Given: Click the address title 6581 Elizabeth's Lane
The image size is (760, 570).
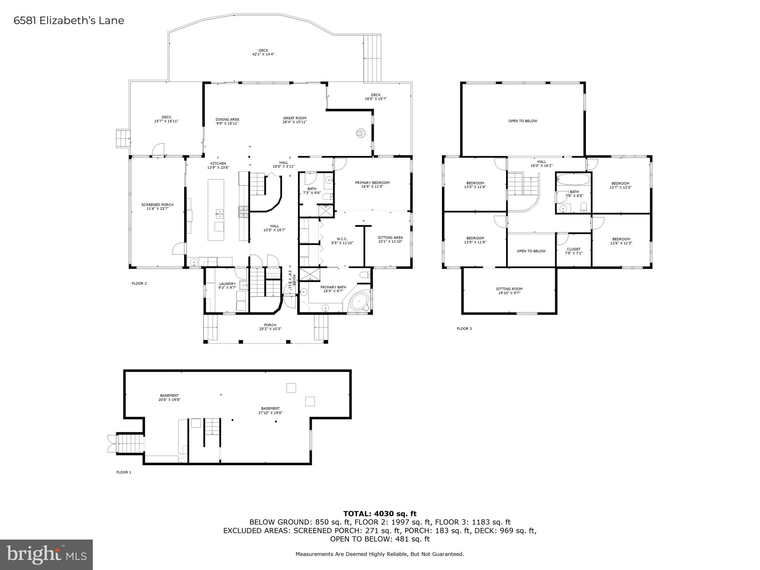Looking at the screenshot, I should tap(69, 20).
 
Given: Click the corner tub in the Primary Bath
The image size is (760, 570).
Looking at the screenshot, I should tap(359, 301).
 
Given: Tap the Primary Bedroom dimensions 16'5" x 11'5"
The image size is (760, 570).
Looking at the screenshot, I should tap(372, 187).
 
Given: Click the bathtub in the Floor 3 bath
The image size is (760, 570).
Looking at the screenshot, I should tap(573, 180).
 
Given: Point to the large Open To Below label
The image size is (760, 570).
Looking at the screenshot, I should tap(522, 121).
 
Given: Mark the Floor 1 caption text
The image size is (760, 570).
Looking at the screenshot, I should tap(124, 472).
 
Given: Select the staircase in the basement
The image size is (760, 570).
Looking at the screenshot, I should tap(212, 427).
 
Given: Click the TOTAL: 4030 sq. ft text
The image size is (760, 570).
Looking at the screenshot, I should tap(380, 514).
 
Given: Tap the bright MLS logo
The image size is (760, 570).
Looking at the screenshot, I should tap(46, 555).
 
